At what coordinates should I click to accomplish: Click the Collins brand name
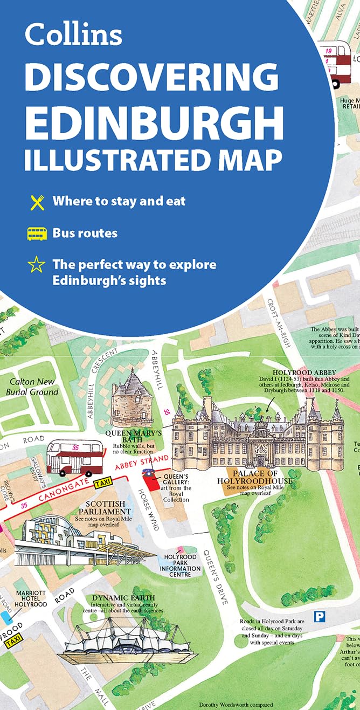point(73,35)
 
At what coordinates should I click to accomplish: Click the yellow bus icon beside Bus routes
point(37,234)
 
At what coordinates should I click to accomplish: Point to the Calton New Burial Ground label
point(32,387)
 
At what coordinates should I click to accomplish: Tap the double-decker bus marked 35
point(74,457)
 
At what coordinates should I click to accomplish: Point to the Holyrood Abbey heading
point(304,373)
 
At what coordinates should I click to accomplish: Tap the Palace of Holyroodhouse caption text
point(254,478)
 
